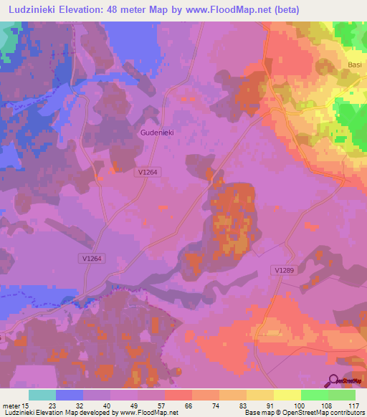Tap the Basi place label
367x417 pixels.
pyautogui.click(x=355, y=64)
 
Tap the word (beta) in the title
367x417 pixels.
pyautogui.click(x=283, y=9)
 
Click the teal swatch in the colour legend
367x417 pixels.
pyautogui.click(x=42, y=394)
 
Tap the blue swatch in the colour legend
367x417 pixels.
pyautogui.click(x=70, y=394)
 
